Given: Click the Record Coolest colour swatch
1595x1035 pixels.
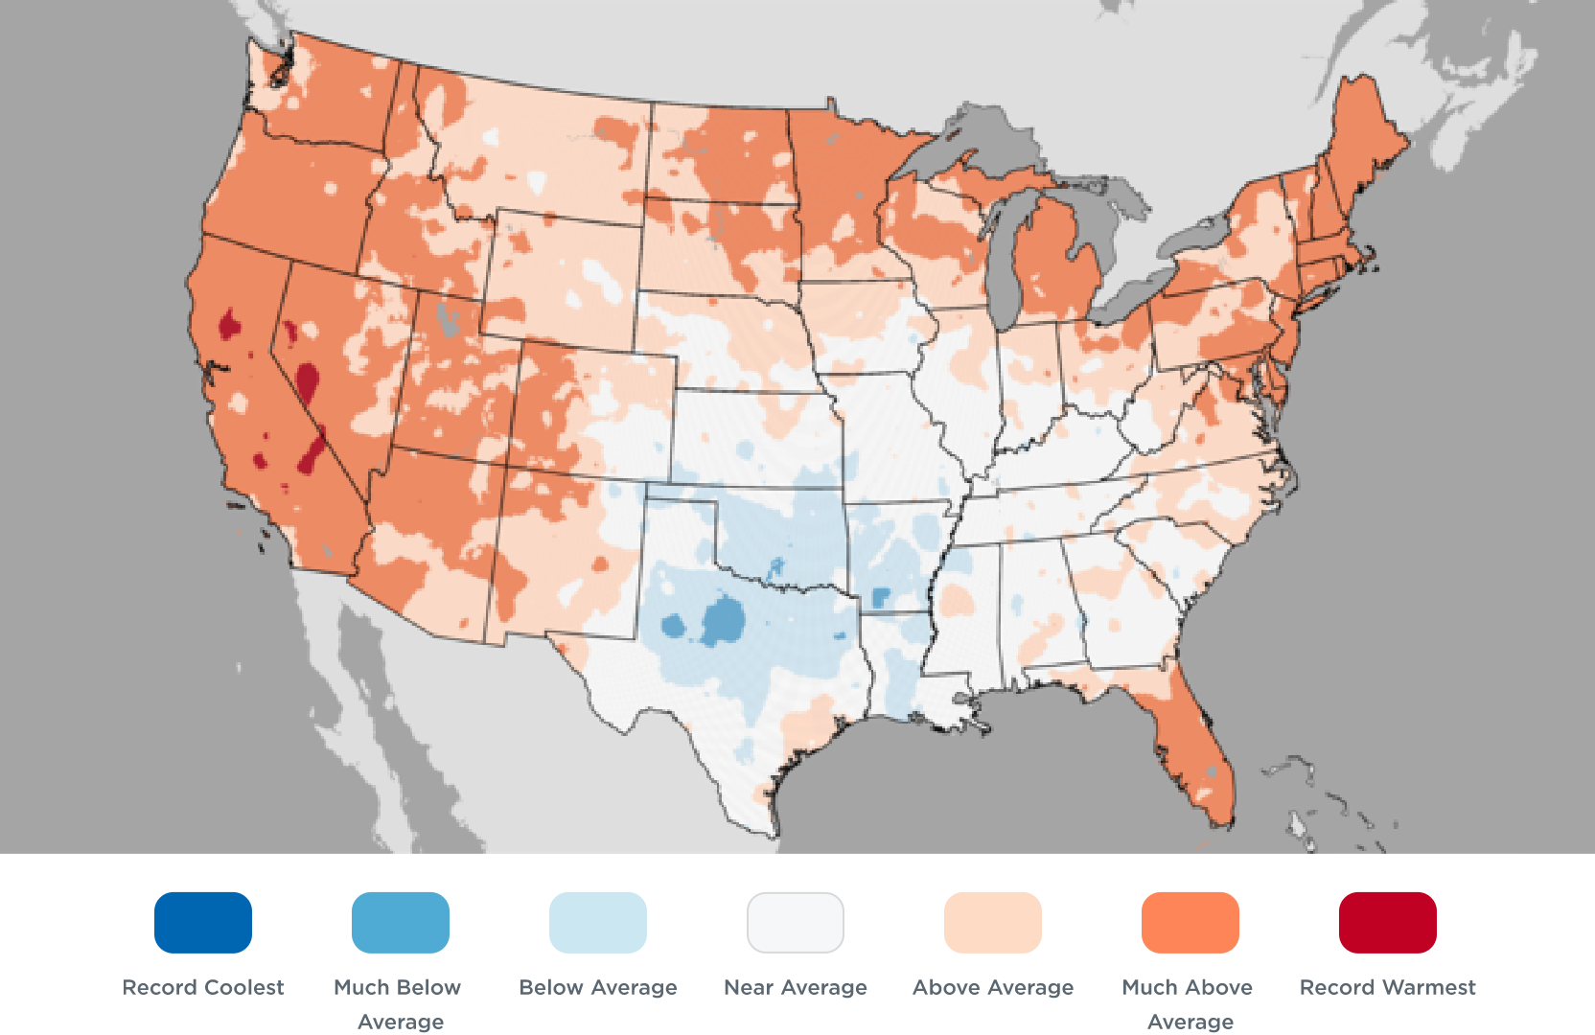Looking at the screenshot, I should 203,922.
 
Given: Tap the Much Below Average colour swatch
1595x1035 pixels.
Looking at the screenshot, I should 401,922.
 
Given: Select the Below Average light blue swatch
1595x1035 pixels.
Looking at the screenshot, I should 598,922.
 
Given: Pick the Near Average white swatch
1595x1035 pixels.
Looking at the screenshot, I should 796,922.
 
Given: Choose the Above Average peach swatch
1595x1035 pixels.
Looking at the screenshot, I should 993,922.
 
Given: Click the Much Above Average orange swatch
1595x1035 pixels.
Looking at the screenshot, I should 1190,922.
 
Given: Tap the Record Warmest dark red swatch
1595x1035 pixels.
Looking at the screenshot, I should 1388,922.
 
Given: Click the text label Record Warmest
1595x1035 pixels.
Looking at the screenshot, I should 1388,987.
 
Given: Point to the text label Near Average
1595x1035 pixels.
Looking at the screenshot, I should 796,987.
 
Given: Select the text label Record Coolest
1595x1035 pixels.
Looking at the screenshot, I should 203,987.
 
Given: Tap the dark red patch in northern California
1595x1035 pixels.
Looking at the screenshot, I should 229,324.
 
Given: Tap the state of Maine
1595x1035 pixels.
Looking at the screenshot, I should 1361,134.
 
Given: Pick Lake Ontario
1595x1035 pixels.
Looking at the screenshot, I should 1198,235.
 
